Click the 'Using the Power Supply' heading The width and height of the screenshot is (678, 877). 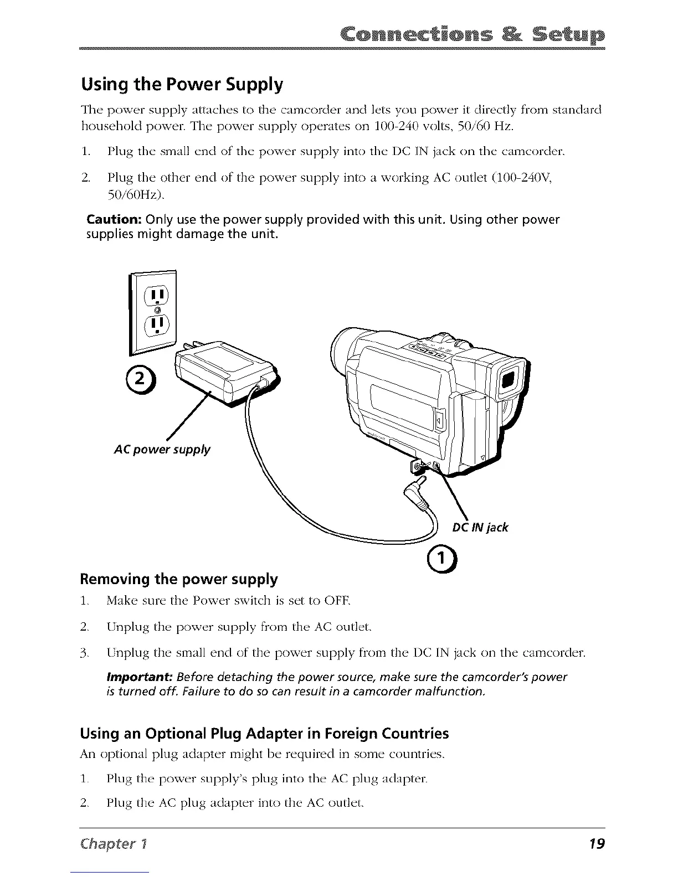point(182,85)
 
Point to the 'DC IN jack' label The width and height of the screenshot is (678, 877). point(480,527)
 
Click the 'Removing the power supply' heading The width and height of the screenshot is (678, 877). point(179,579)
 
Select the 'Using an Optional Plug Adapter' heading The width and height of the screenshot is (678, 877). point(264,734)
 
